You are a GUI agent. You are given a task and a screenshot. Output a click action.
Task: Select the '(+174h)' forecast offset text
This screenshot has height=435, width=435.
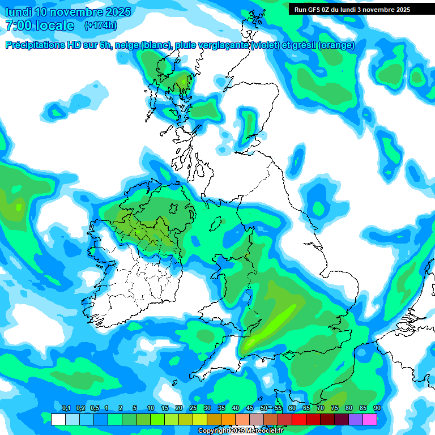coord(100,25)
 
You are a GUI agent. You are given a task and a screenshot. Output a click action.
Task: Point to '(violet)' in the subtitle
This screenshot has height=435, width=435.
coord(265,45)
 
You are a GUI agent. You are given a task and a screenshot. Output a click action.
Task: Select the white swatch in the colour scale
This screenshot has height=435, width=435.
coord(58,419)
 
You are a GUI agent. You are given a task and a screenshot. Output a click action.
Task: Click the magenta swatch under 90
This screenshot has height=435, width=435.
coord(370,419)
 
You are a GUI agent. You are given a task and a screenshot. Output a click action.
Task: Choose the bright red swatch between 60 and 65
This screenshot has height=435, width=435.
coord(299,419)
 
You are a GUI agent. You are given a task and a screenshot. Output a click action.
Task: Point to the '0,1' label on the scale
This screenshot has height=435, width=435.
coord(66,408)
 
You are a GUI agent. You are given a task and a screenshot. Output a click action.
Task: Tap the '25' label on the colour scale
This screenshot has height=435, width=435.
coord(193,408)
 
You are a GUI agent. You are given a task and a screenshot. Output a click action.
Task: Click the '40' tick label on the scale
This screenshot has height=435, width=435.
coord(236,408)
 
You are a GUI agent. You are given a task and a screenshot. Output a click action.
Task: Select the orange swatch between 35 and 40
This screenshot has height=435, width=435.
coord(228,419)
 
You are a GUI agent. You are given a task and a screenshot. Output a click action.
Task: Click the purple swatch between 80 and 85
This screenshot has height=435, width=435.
coord(356,419)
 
